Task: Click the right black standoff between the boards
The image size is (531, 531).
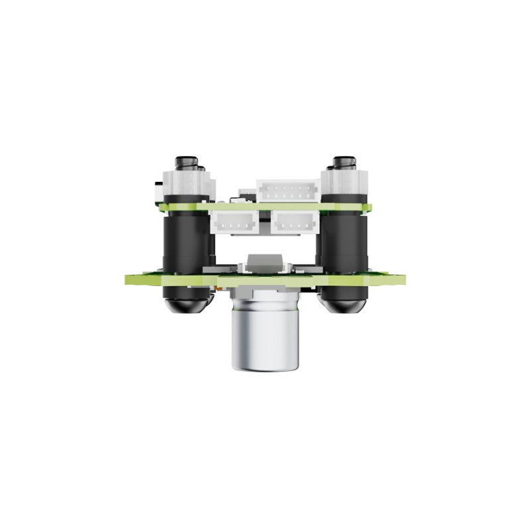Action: point(344,242)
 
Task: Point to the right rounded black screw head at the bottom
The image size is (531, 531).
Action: point(344,303)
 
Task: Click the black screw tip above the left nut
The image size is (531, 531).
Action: point(186,161)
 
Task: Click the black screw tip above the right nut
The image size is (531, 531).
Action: point(344,161)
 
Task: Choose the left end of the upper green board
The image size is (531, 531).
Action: point(163,207)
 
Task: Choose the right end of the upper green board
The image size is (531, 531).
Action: point(368,207)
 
